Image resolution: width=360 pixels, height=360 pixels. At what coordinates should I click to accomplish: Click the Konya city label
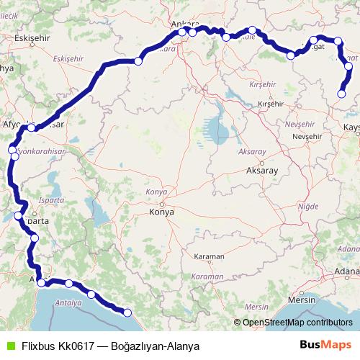pos(161,212)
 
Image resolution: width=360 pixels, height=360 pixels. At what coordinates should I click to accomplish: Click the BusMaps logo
pos(321,346)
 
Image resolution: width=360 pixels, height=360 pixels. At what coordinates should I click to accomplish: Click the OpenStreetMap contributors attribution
pos(297,323)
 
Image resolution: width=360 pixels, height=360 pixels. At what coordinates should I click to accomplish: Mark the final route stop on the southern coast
pos(127,312)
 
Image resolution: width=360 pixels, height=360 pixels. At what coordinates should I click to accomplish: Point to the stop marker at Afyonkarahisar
pos(32,127)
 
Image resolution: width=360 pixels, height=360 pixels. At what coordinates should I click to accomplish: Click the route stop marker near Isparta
pos(19,215)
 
